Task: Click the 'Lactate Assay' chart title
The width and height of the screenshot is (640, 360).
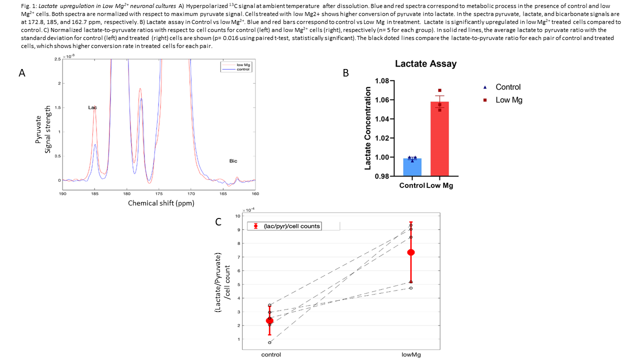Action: (425, 64)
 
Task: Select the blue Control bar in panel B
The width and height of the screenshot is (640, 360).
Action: (412, 167)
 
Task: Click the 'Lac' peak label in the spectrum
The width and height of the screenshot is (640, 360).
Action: (92, 107)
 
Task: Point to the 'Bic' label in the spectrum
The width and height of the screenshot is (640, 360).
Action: (233, 161)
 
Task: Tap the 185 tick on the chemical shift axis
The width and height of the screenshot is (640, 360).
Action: (94, 193)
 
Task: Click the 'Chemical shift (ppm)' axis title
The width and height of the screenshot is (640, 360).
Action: (161, 203)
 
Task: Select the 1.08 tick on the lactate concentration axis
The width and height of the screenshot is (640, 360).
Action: (381, 81)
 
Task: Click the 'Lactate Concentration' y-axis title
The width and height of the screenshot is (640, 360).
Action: (368, 128)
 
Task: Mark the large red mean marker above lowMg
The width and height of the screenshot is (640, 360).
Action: (411, 252)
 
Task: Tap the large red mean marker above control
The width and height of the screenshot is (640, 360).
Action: (270, 320)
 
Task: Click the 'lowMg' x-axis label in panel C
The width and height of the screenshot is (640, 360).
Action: (411, 354)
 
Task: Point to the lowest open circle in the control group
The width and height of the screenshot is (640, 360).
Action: (270, 342)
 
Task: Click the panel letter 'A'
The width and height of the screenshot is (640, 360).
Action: (21, 73)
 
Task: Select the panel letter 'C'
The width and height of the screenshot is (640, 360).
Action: (218, 221)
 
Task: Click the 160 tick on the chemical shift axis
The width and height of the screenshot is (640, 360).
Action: (255, 193)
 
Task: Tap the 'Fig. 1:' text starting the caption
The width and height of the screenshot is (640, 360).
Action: (15, 6)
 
